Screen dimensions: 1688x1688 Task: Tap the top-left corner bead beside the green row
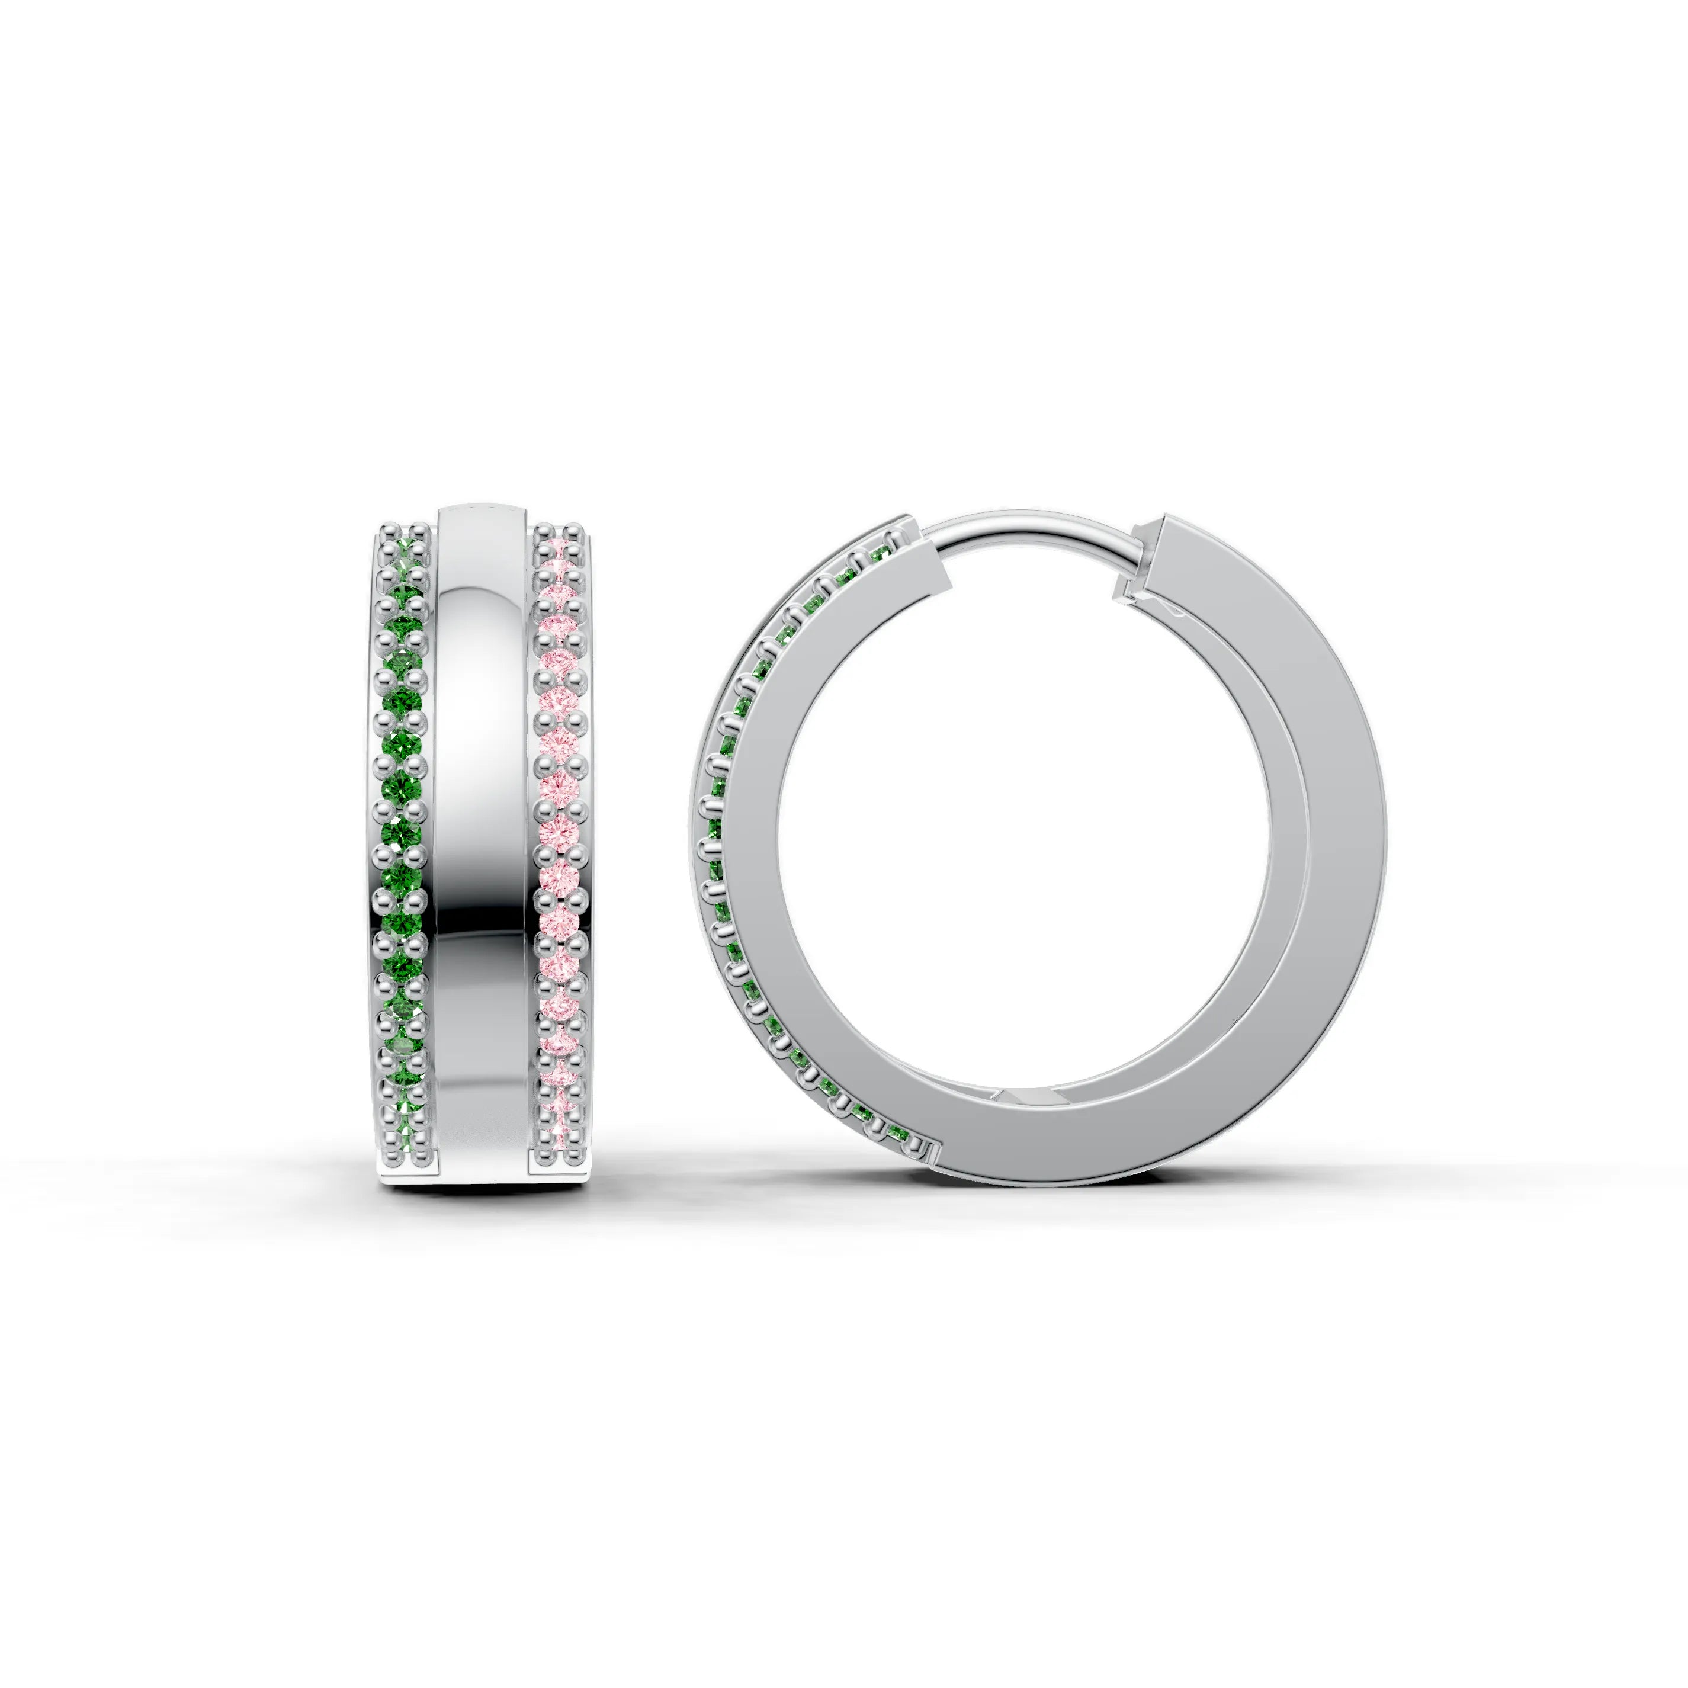click(x=386, y=530)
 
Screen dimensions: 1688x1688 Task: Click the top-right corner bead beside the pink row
click(x=575, y=530)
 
